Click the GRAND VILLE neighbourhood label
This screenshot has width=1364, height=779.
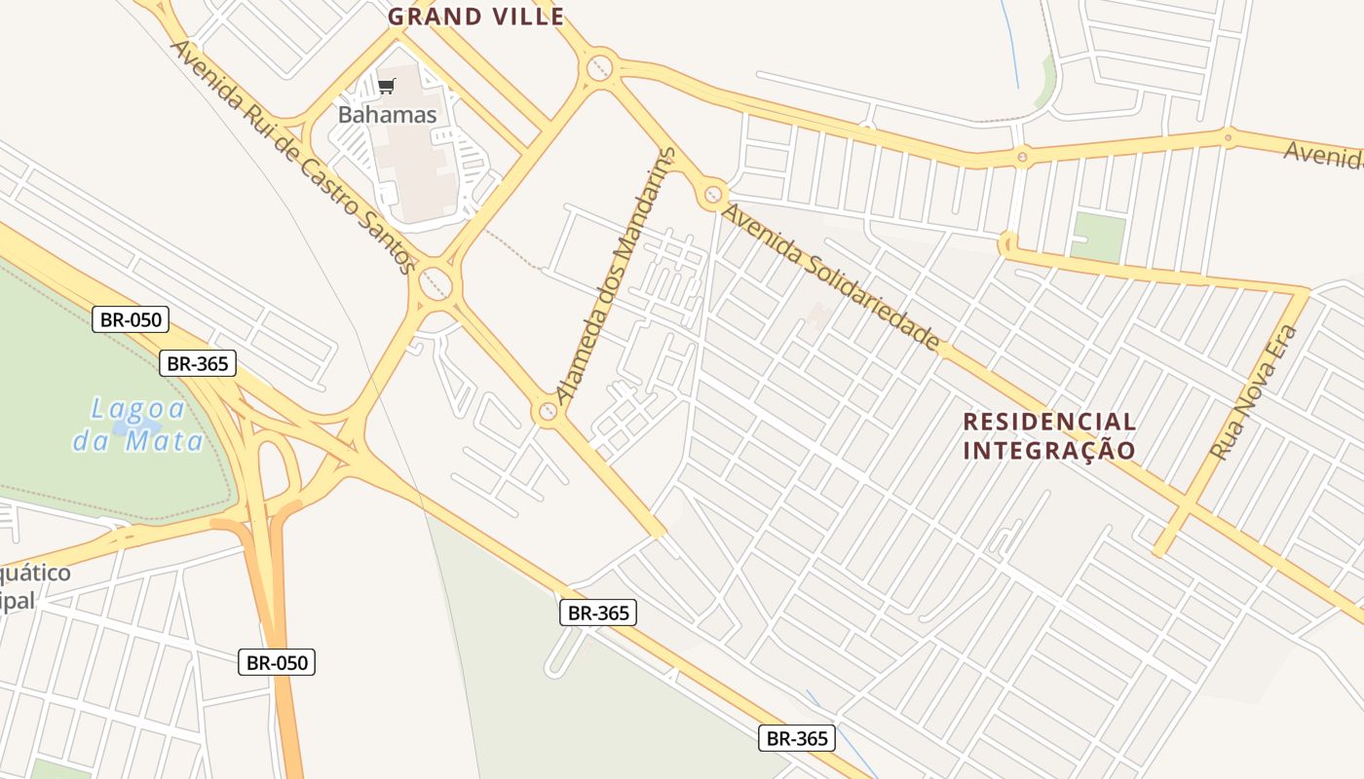(475, 17)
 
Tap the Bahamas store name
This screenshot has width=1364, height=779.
(387, 115)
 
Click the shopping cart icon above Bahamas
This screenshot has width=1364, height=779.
(387, 87)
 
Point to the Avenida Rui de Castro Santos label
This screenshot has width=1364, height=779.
(293, 156)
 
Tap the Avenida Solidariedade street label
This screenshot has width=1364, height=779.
(831, 278)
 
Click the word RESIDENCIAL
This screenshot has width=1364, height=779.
(1049, 422)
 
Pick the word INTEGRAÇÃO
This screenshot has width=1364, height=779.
(1049, 451)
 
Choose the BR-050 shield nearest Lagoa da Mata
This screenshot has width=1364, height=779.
(131, 318)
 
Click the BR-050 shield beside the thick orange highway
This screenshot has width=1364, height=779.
(277, 663)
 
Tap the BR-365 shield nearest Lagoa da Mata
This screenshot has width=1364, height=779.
(198, 363)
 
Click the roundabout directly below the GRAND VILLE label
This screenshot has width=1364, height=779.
(599, 68)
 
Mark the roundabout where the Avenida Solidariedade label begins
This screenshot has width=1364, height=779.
(713, 195)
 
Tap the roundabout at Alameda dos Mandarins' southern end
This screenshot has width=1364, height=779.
(548, 413)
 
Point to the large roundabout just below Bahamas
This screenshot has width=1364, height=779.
(436, 284)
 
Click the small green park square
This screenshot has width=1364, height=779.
(1098, 238)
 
